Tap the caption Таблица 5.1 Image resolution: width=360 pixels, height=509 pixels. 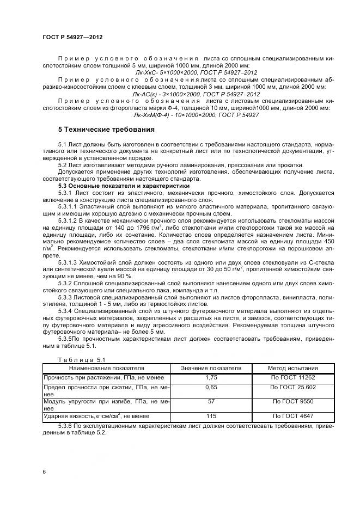click(74, 360)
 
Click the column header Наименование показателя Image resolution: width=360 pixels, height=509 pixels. click(106, 368)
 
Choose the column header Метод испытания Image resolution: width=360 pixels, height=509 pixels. click(292, 368)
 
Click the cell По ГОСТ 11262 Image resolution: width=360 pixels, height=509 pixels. click(292, 377)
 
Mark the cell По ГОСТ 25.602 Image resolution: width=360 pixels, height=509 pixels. click(292, 387)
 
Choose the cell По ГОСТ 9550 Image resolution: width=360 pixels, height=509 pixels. click(292, 402)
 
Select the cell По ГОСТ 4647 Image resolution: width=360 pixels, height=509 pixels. click(292, 416)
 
